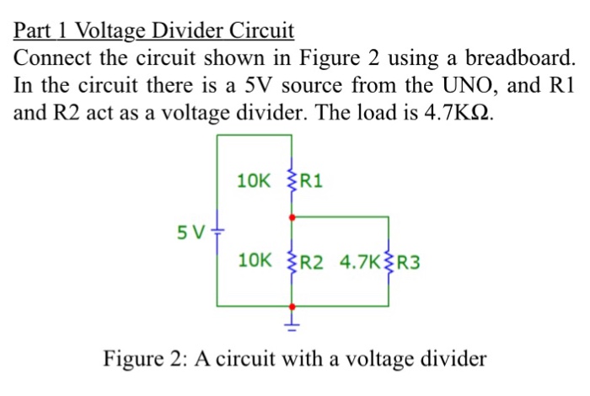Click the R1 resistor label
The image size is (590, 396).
point(312,179)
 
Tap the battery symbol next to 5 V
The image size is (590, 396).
point(217,230)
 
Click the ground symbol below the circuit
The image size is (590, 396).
point(292,321)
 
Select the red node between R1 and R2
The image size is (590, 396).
point(292,217)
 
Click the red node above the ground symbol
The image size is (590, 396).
point(292,306)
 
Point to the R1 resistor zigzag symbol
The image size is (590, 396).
point(292,179)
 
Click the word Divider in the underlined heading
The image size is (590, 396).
point(185,32)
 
